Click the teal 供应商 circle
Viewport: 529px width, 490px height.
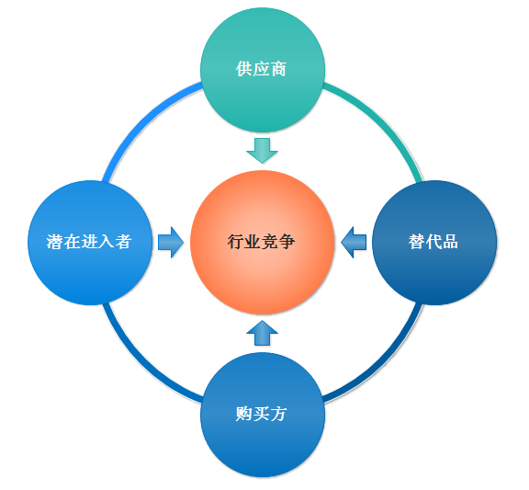click(x=263, y=70)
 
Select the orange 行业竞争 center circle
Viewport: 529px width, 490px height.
click(x=262, y=242)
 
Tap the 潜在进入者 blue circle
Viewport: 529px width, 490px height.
click(x=90, y=243)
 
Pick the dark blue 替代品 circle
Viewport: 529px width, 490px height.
click(x=434, y=243)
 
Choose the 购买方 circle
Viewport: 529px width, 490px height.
click(x=263, y=415)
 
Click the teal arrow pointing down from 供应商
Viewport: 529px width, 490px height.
click(x=262, y=151)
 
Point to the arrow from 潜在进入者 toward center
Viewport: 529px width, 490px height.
click(x=171, y=242)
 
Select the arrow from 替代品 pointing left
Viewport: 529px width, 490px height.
click(x=354, y=242)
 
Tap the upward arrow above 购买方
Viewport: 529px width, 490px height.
click(x=262, y=333)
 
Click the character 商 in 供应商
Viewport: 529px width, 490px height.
click(x=278, y=69)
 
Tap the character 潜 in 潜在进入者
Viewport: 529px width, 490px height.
click(x=55, y=242)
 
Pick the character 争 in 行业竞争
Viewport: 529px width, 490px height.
click(x=287, y=242)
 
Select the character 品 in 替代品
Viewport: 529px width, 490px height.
click(x=450, y=242)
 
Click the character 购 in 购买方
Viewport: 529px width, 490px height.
click(x=244, y=414)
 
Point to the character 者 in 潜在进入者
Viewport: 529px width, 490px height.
click(x=123, y=242)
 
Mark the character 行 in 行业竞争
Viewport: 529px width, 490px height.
click(x=236, y=242)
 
